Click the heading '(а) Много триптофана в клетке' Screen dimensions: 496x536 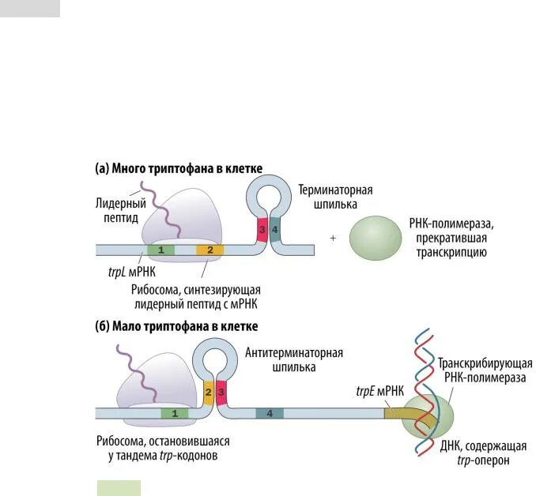(x=179, y=168)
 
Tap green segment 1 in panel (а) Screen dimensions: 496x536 (x=161, y=250)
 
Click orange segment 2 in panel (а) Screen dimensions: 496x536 (x=210, y=250)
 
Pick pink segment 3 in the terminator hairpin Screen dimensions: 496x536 (x=262, y=230)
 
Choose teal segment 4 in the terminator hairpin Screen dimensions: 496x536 (x=275, y=230)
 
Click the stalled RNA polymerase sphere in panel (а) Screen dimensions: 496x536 (x=376, y=238)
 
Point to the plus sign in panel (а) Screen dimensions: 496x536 (x=333, y=238)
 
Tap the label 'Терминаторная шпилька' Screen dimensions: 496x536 (x=334, y=197)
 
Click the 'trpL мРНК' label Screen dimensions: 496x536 (x=126, y=271)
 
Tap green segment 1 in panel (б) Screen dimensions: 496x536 (x=174, y=412)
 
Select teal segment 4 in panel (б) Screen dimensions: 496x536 (x=270, y=412)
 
